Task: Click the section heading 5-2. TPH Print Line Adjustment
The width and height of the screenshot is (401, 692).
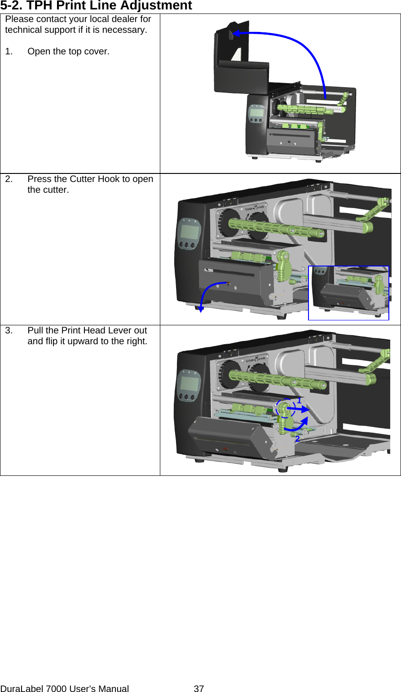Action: [x=96, y=6]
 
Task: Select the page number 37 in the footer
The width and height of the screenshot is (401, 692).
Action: [x=198, y=688]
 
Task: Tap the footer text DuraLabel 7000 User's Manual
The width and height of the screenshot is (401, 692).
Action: [x=65, y=688]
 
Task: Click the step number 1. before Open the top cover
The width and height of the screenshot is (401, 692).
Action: [x=9, y=51]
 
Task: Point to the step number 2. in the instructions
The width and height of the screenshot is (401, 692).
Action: [x=9, y=179]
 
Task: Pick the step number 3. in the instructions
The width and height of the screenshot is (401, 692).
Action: [x=9, y=330]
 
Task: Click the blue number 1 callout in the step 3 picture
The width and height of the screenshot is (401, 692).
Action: [x=299, y=400]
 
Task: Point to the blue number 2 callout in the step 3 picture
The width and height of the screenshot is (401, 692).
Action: [x=297, y=439]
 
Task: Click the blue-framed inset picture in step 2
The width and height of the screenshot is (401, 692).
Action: [x=348, y=293]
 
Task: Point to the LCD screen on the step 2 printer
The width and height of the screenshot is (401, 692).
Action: [x=189, y=232]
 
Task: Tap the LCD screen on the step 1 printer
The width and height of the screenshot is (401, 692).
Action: [x=257, y=112]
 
